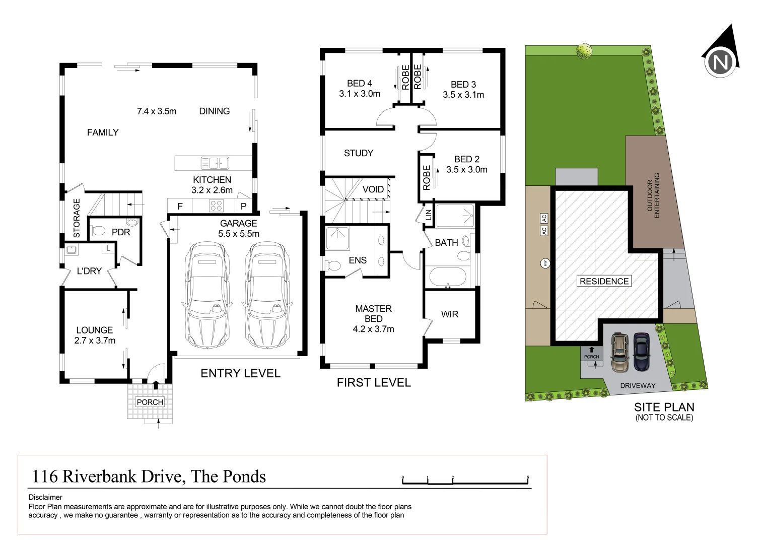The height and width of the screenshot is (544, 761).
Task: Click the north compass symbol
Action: [721, 62]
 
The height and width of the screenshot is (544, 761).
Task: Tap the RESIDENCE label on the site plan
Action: [604, 281]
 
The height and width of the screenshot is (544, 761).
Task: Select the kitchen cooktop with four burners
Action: [216, 206]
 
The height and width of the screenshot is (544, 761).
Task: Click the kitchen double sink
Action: [215, 163]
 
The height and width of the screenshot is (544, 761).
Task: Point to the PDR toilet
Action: [98, 231]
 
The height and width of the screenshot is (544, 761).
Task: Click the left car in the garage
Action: [207, 295]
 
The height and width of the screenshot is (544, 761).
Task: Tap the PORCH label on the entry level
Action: [150, 402]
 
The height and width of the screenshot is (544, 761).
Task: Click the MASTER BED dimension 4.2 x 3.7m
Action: [373, 329]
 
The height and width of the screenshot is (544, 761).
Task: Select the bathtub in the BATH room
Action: [447, 277]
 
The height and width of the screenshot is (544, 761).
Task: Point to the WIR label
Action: [449, 314]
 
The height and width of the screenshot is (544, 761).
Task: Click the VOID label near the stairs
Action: [373, 189]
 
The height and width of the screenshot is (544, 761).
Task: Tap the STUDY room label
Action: [358, 153]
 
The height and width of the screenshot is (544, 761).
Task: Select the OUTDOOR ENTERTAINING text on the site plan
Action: [653, 195]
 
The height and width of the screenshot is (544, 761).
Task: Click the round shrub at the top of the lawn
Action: [584, 50]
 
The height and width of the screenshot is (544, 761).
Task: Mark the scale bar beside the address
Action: [465, 481]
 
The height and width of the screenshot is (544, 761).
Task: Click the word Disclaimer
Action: [45, 497]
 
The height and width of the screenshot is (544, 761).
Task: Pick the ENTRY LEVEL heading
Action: [240, 373]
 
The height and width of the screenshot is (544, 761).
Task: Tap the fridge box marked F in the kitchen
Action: [180, 206]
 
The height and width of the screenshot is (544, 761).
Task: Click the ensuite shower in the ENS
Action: [337, 238]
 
